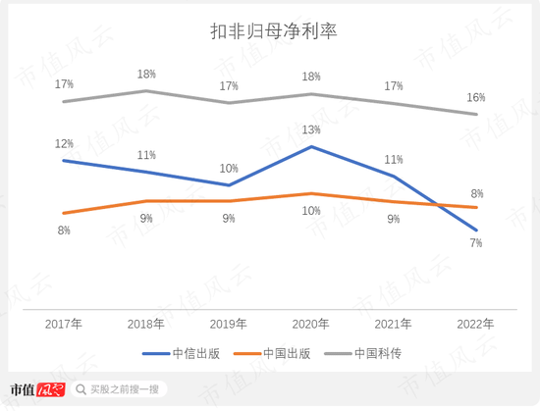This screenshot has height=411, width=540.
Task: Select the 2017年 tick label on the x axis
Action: click(63, 322)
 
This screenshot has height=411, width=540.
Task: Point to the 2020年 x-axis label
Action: click(310, 322)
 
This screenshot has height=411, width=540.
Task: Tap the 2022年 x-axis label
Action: click(475, 322)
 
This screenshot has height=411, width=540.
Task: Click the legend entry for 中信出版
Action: click(179, 352)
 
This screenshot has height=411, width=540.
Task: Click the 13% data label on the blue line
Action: click(310, 129)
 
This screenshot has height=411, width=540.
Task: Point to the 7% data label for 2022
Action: click(475, 243)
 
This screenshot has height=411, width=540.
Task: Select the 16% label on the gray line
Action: click(475, 97)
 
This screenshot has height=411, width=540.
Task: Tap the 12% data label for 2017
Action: click(63, 143)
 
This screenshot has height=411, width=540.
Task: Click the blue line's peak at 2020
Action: click(311, 147)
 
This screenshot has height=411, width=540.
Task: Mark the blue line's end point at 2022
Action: click(476, 230)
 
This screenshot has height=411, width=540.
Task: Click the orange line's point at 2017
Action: click(63, 213)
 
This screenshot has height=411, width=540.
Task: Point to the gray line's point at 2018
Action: click(146, 91)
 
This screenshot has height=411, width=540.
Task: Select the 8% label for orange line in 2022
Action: click(476, 193)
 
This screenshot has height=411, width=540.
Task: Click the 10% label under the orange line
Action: click(310, 211)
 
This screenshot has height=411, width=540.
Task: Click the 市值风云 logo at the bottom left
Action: click(36, 388)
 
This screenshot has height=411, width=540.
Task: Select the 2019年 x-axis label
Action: click(228, 322)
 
